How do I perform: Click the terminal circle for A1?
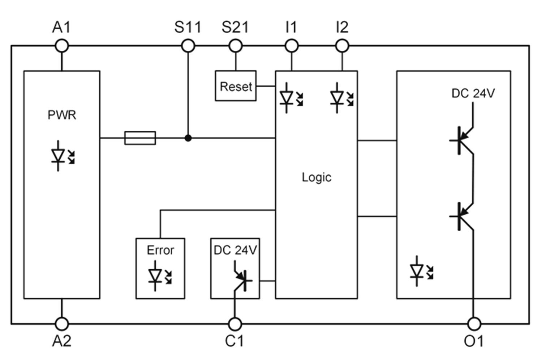tap(62, 46)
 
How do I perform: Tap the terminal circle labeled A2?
tap(62, 324)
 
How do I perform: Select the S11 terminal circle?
tap(188, 46)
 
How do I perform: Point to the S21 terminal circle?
tap(236, 46)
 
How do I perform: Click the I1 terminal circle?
tap(292, 46)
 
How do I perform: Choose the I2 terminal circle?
tap(342, 46)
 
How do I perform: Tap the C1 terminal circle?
tap(235, 324)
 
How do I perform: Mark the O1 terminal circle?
tap(474, 324)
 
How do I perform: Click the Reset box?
tap(236, 86)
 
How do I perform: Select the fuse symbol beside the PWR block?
tap(140, 138)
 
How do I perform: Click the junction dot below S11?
tap(188, 138)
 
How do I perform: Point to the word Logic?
tap(317, 177)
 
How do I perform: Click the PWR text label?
tap(62, 115)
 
